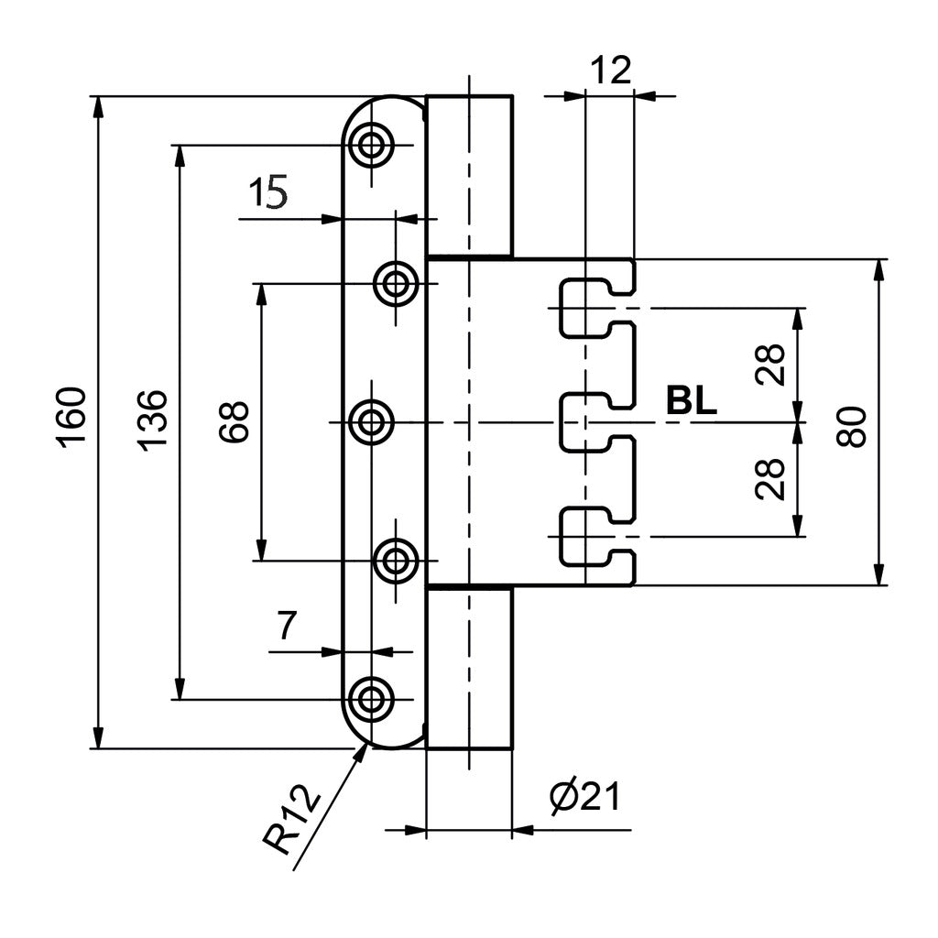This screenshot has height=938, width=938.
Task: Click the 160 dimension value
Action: [71, 418]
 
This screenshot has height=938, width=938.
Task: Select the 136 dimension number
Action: [152, 420]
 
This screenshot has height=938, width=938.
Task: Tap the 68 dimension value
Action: [234, 422]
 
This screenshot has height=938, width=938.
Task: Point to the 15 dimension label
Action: [268, 192]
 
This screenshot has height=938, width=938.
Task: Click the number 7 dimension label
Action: [287, 626]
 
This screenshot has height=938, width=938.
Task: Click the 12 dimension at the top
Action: [611, 71]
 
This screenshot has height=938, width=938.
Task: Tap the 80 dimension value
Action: [851, 427]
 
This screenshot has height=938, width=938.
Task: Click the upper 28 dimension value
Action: [769, 365]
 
